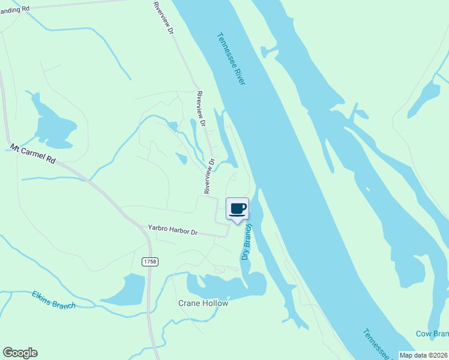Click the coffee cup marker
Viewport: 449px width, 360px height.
click(x=237, y=209)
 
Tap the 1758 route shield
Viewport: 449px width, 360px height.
click(x=149, y=262)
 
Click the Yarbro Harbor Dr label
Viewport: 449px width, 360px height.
click(x=173, y=229)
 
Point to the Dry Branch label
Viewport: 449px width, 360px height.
click(x=246, y=242)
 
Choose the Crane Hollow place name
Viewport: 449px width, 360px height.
click(x=203, y=303)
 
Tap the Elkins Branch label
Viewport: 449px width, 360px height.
click(x=54, y=298)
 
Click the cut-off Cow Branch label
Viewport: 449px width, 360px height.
click(x=432, y=334)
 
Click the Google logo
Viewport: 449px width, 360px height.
click(x=20, y=353)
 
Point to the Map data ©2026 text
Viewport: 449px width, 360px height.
click(x=424, y=355)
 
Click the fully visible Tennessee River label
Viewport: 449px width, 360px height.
click(x=232, y=58)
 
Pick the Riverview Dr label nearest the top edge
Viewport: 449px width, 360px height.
click(x=163, y=17)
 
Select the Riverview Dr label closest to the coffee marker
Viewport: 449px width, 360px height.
click(x=209, y=176)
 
